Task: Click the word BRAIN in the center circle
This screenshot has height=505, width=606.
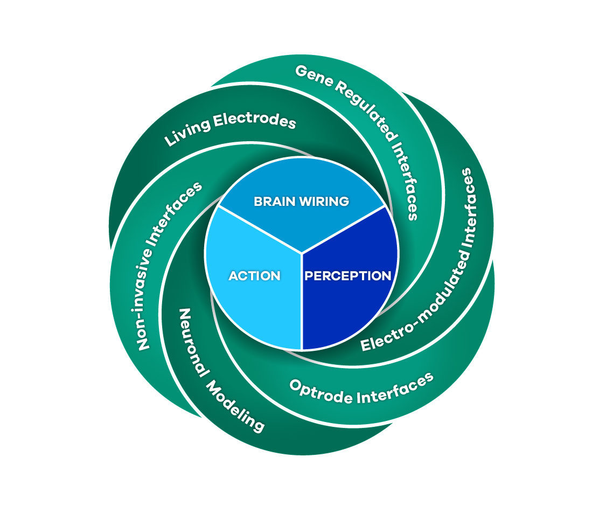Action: [x=273, y=202]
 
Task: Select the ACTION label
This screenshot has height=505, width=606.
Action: [x=254, y=276]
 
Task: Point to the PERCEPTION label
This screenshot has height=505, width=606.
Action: [x=348, y=276]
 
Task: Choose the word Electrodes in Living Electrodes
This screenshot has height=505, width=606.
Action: [x=255, y=120]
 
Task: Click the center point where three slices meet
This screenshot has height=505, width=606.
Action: [x=302, y=252]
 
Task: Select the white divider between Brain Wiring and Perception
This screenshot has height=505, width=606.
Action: [x=345, y=229]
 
